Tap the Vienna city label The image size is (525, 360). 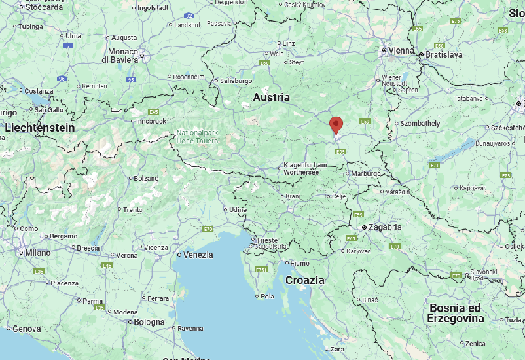[400, 50]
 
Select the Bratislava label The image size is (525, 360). [444, 54]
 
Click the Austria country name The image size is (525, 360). [272, 98]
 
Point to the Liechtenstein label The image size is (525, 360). [40, 128]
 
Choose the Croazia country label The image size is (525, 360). [304, 280]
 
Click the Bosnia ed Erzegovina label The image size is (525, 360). [456, 313]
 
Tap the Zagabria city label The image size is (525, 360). [386, 226]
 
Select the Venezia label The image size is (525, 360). [198, 255]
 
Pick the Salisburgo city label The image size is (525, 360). [236, 81]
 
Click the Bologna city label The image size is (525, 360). [150, 322]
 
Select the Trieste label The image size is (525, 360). [266, 240]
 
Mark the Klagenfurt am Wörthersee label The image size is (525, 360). [310, 168]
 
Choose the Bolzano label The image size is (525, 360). [145, 178]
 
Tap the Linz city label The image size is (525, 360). [289, 43]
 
